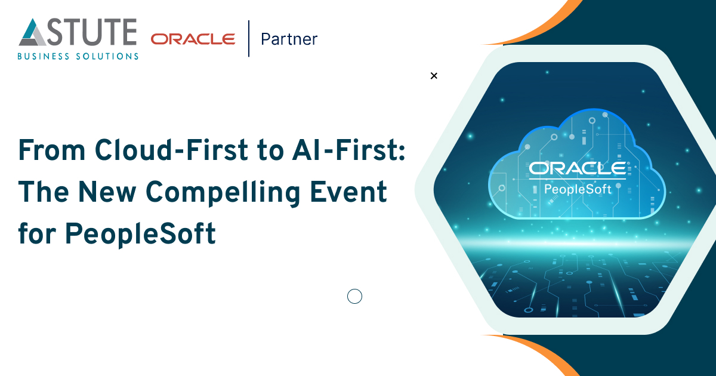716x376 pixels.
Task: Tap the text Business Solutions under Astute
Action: (x=78, y=56)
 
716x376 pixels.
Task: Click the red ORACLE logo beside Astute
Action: (x=193, y=39)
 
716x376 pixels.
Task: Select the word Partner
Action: (x=289, y=39)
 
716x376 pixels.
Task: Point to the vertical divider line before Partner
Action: (x=249, y=38)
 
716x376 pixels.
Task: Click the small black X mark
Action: (x=434, y=76)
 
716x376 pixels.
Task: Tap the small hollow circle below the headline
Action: (x=354, y=296)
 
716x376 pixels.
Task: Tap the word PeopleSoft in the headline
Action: (x=140, y=235)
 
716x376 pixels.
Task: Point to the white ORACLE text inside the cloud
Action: (x=577, y=169)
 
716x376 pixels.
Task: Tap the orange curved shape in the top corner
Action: (x=543, y=27)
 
